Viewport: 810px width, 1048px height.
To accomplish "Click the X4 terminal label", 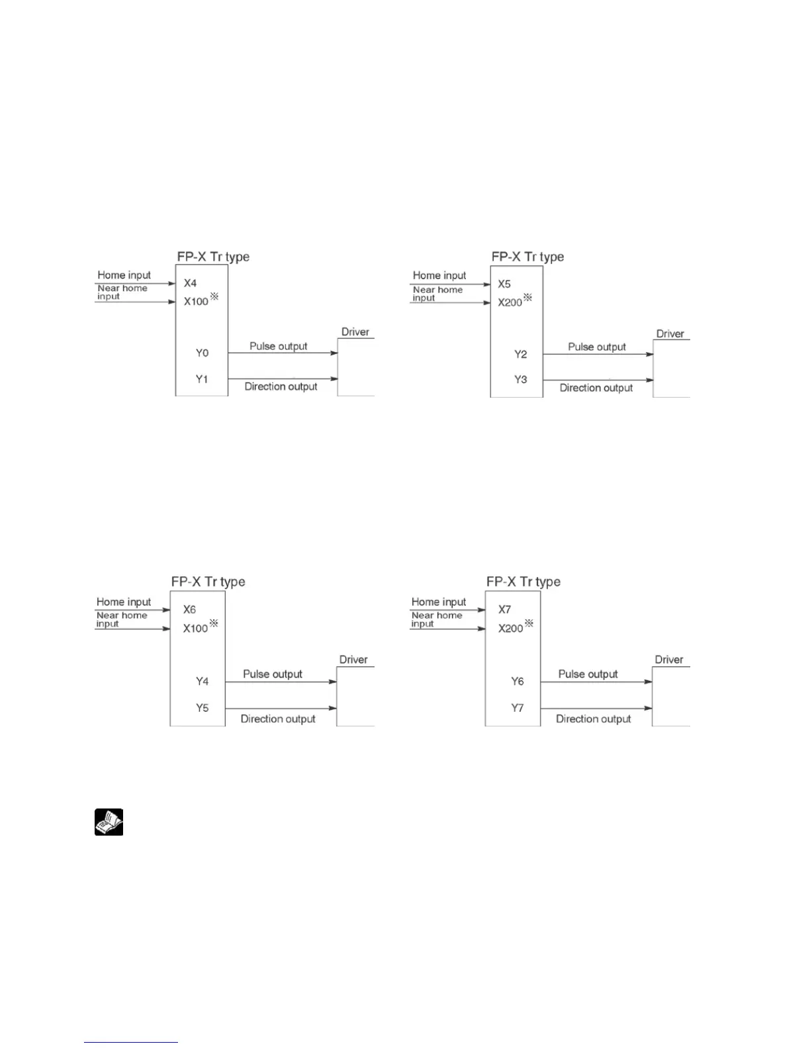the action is (191, 283).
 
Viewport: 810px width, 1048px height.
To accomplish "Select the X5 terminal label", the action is (504, 284).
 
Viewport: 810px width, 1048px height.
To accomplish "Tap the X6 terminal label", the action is (189, 609).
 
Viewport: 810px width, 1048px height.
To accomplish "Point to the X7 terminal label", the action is (504, 609).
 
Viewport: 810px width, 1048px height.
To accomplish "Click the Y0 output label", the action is (202, 353).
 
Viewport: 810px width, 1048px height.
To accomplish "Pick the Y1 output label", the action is (202, 379).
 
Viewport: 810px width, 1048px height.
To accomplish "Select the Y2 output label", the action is (521, 354).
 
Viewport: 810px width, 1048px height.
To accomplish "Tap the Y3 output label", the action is (521, 380).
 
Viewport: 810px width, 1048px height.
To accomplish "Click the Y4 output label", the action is (202, 681).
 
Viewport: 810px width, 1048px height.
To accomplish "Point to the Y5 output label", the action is (202, 708).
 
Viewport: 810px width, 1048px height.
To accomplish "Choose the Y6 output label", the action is (517, 681).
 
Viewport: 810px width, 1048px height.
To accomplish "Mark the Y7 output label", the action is (517, 708).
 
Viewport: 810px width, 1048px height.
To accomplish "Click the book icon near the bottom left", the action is (109, 822).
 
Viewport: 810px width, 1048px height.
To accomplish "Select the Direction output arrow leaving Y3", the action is (598, 380).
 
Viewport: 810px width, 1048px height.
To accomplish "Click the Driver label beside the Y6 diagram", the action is (669, 660).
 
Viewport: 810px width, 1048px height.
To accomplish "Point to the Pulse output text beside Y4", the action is (273, 674).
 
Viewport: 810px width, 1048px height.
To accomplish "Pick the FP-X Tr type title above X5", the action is (527, 257).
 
